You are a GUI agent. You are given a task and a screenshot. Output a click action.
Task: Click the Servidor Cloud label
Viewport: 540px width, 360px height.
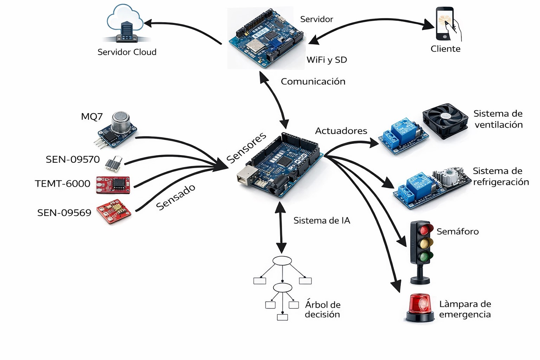127,52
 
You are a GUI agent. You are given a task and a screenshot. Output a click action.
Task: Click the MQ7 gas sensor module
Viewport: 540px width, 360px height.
117,129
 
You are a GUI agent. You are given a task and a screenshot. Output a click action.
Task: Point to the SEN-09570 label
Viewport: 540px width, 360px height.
73,160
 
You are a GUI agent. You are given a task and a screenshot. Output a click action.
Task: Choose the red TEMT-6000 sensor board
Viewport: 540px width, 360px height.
113,185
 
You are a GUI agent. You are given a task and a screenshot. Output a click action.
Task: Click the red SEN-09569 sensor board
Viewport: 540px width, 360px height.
114,212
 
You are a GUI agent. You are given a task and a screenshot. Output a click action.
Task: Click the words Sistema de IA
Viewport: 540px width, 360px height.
322,221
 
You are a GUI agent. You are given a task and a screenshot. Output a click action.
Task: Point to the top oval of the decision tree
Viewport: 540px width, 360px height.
282,261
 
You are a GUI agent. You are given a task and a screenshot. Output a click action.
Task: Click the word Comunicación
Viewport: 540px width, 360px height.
313,82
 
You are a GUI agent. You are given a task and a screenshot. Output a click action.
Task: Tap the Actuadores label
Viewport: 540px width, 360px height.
341,131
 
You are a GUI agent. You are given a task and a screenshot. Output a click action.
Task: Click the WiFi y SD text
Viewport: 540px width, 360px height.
327,60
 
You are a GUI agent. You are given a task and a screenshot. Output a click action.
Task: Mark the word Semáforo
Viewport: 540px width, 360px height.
457,232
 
